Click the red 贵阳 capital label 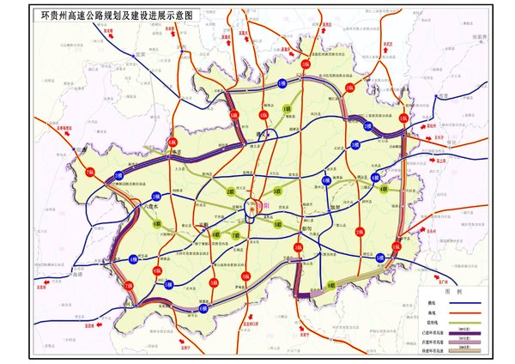click(263, 207)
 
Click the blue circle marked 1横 click(282, 82)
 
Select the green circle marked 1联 click(288, 109)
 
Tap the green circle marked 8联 click(331, 284)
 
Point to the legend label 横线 click(431, 278)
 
